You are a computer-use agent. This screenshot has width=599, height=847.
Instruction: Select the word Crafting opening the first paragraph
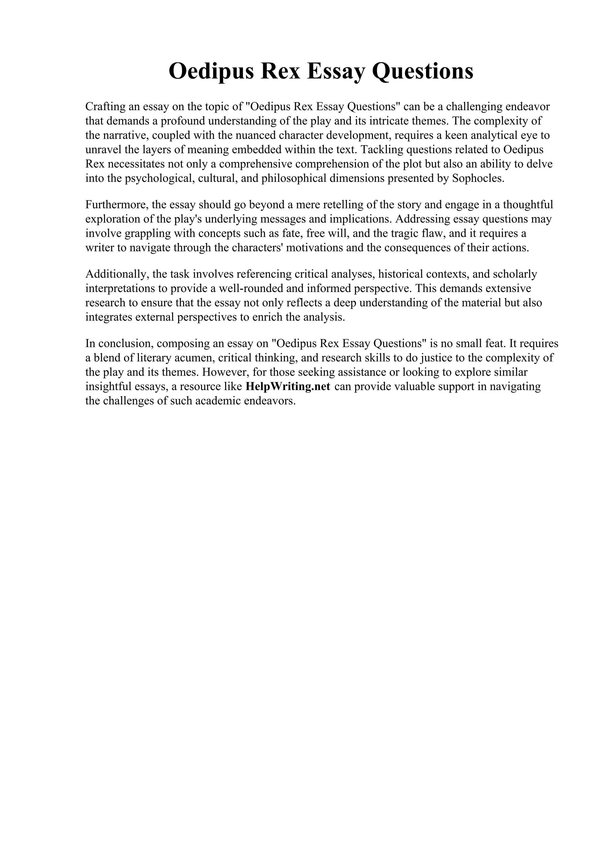[104, 107]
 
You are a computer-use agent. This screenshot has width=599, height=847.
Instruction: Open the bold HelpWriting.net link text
[288, 387]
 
